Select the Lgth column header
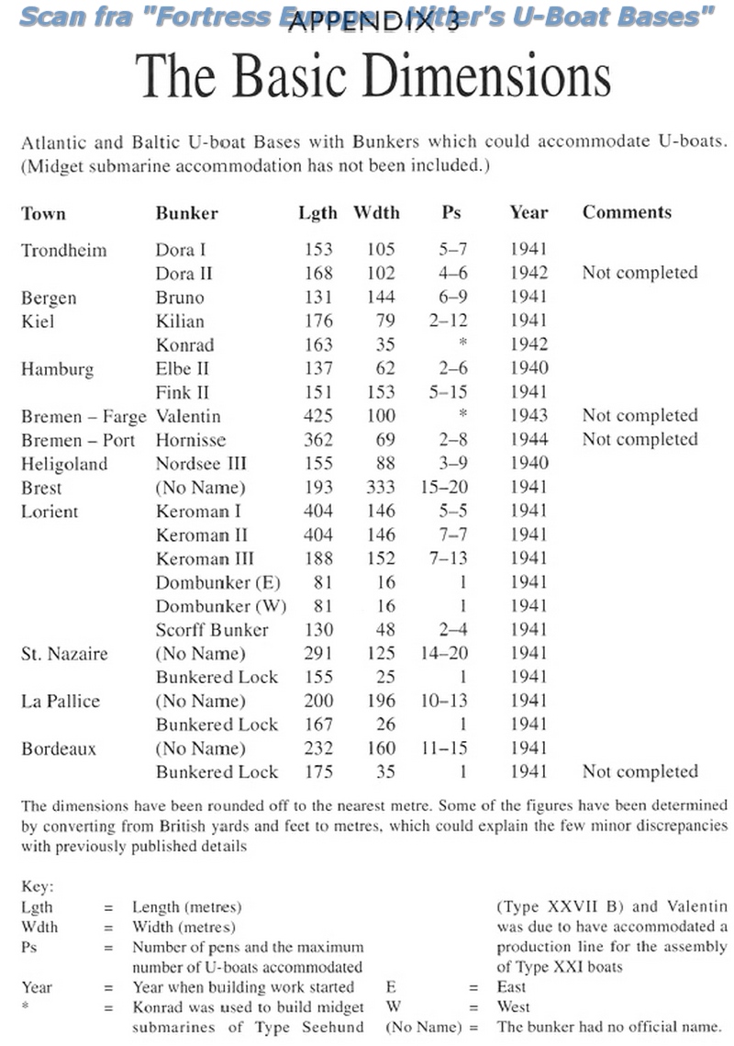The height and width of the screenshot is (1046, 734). click(317, 213)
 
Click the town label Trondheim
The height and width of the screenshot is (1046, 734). click(63, 250)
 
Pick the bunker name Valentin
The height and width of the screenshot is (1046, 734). click(188, 416)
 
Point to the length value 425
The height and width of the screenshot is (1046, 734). click(317, 416)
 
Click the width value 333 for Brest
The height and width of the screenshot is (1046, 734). click(378, 488)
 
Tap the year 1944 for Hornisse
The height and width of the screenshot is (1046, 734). click(528, 440)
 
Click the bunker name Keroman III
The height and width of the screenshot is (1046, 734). click(205, 559)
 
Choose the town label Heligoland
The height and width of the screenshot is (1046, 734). click(63, 464)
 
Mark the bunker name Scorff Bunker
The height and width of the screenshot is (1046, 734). click(212, 630)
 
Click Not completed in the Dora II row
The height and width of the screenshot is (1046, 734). click(639, 273)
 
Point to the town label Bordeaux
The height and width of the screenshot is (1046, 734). click(59, 748)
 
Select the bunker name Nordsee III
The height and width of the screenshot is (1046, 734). click(201, 464)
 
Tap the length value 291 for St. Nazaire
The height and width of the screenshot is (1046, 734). click(317, 654)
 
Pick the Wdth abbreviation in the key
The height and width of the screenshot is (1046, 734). click(39, 927)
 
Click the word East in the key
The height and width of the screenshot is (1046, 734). click(512, 986)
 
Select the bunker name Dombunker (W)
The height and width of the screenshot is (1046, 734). click(218, 606)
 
